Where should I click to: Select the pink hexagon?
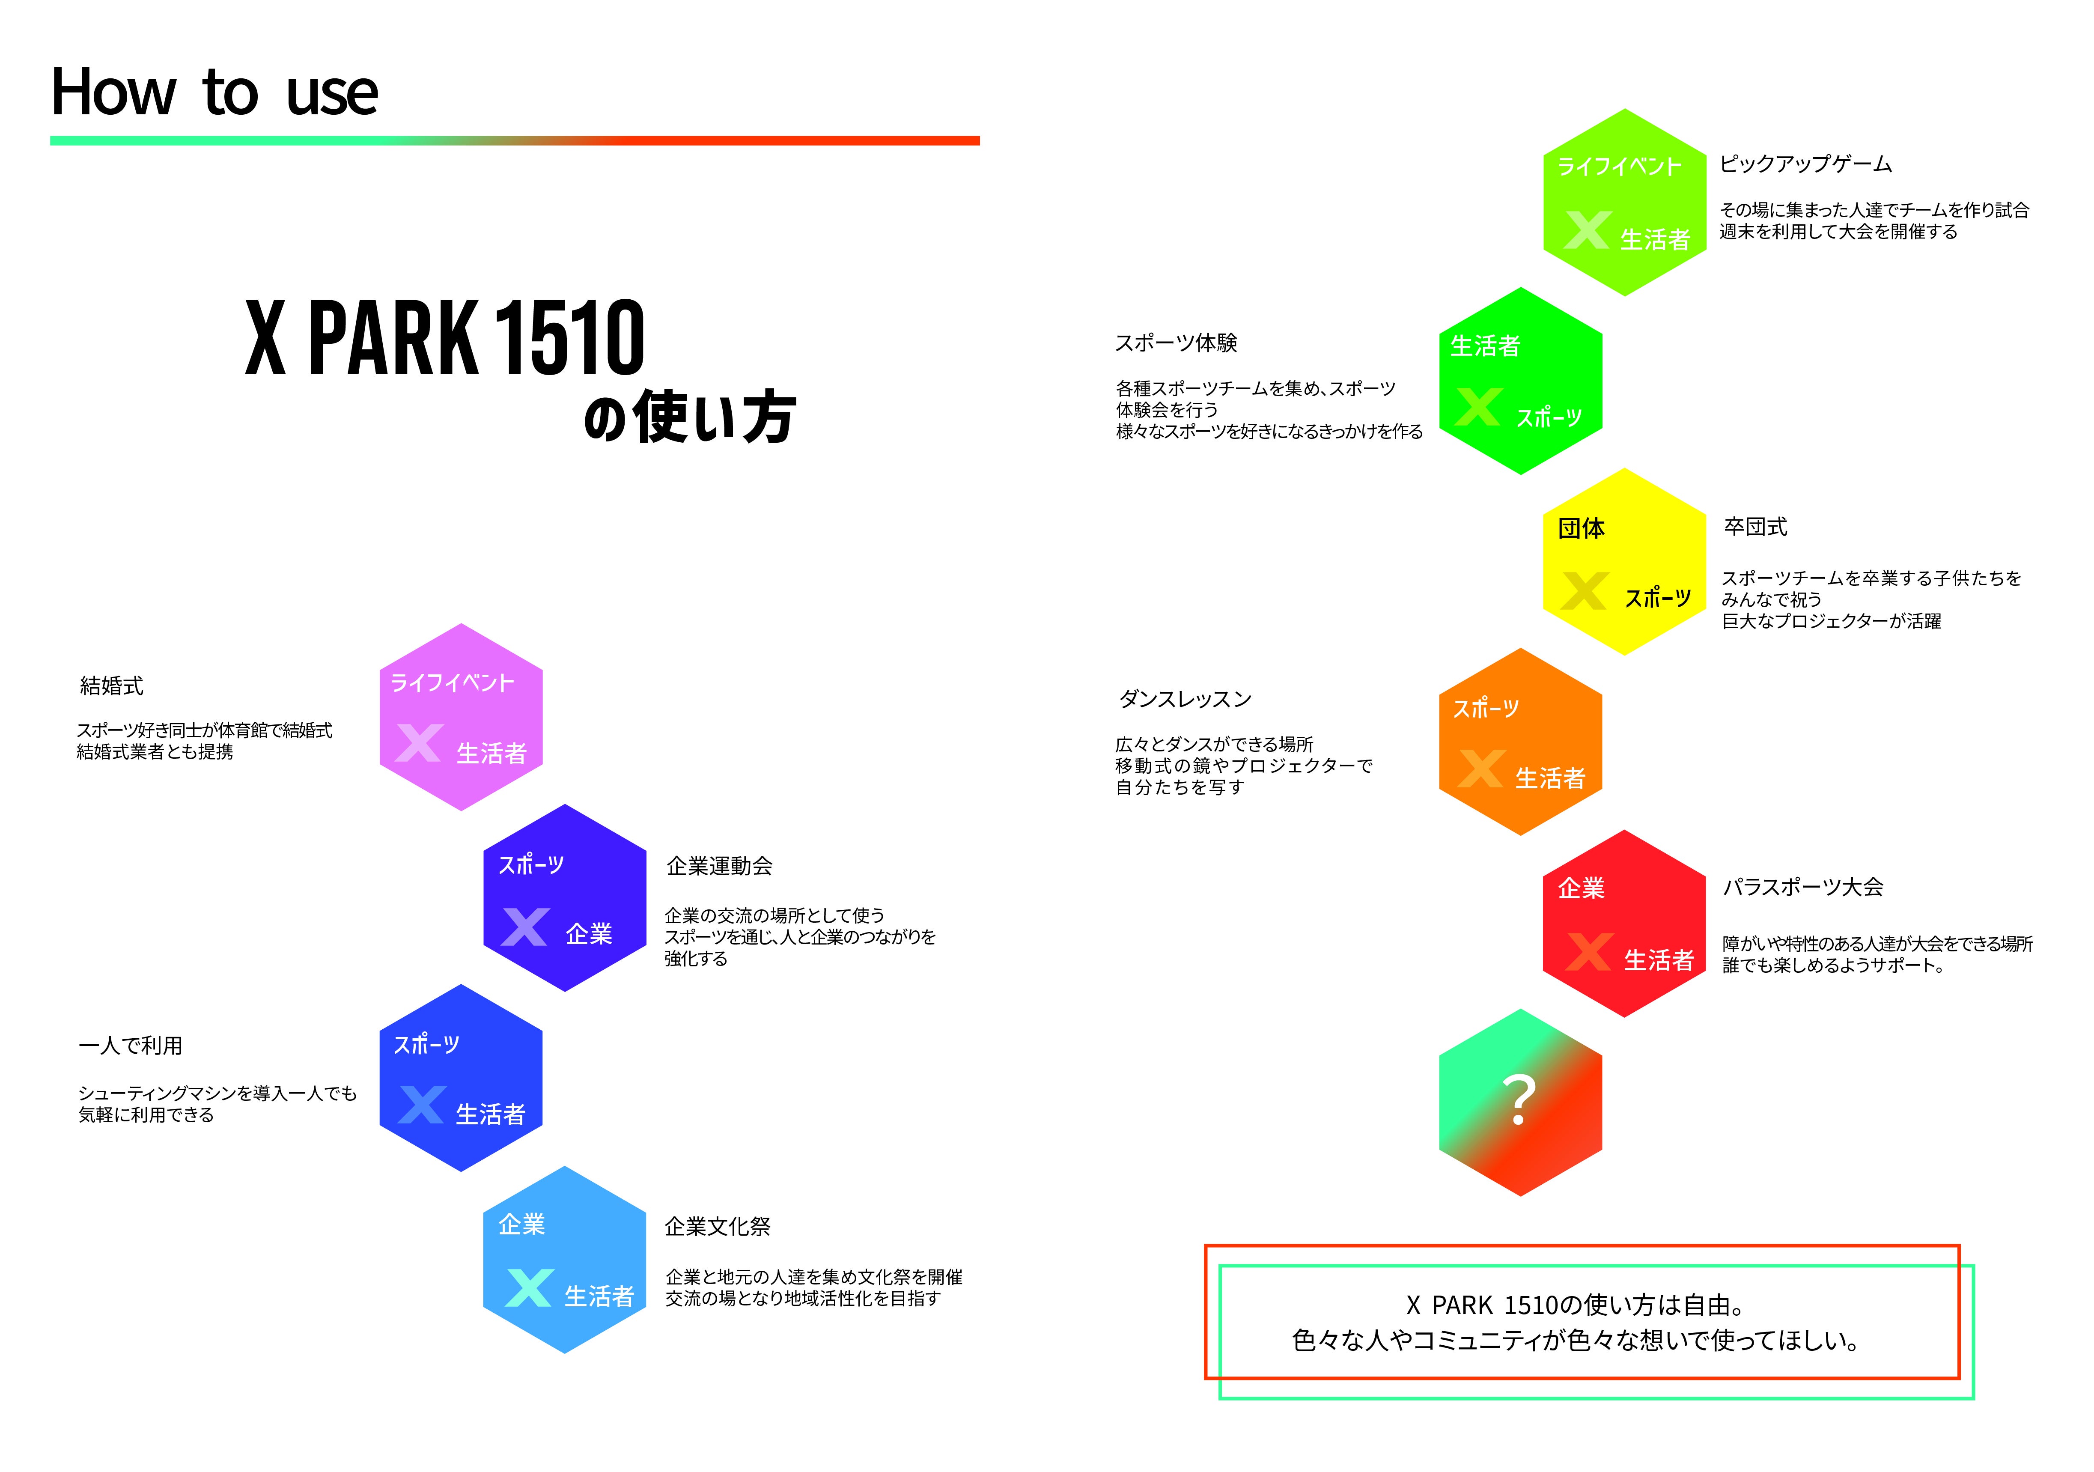tap(462, 717)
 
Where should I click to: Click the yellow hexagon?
tap(1624, 562)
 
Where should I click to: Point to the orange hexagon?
tap(1520, 742)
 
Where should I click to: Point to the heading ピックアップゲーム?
tap(1806, 164)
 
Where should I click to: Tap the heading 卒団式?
tap(1756, 526)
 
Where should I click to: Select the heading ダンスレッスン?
tap(1185, 700)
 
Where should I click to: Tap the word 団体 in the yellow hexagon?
tap(1582, 528)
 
